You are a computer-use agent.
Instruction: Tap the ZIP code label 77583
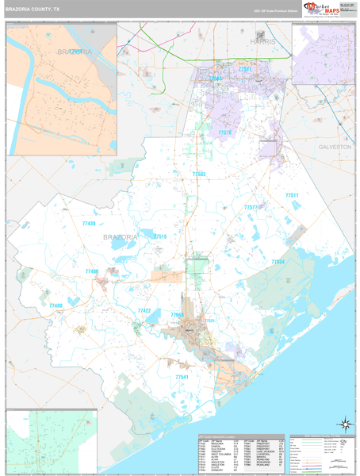[199, 174]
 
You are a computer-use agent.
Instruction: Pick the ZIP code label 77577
[251, 207]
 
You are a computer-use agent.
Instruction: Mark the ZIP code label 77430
[89, 225]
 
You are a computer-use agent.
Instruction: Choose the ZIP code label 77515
[160, 236]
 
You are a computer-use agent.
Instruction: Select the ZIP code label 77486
[92, 271]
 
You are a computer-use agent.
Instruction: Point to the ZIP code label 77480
[56, 305]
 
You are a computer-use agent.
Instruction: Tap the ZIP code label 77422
[144, 310]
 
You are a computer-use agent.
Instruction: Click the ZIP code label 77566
[177, 315]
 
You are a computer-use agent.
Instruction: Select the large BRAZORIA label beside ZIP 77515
[119, 236]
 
